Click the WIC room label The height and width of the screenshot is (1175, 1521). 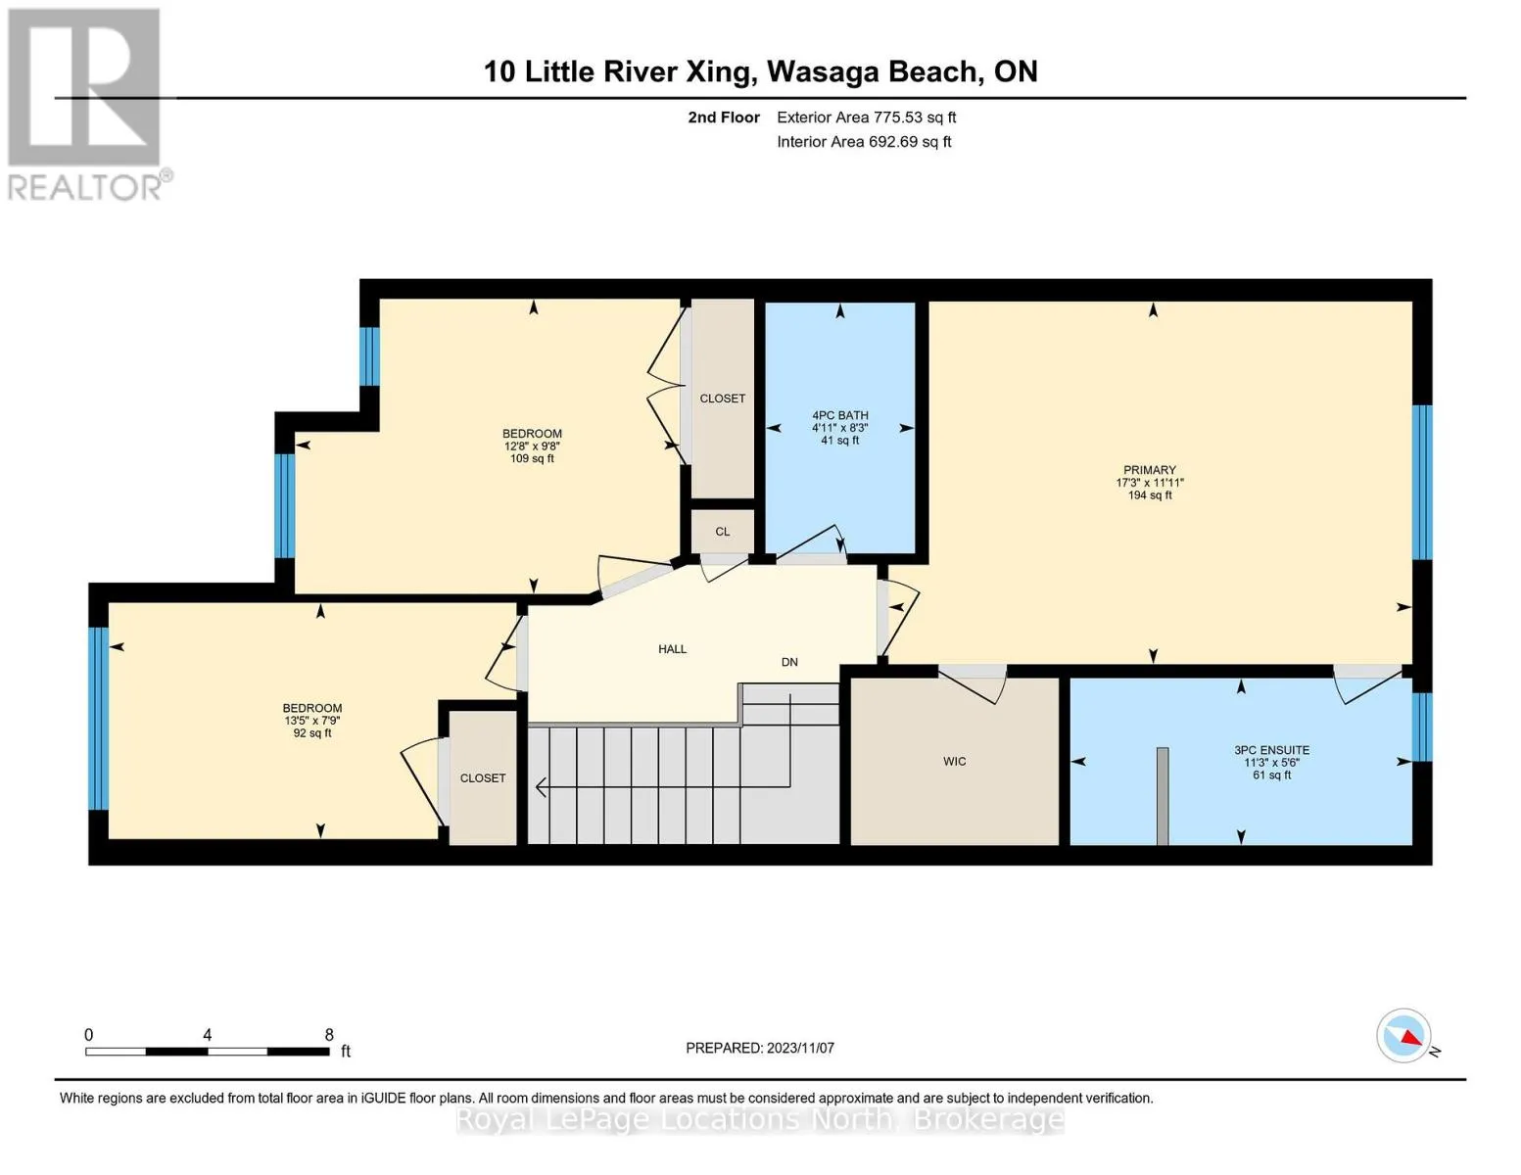pyautogui.click(x=954, y=762)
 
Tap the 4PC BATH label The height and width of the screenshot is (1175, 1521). pyautogui.click(x=840, y=415)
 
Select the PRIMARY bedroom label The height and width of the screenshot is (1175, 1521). pyautogui.click(x=1150, y=470)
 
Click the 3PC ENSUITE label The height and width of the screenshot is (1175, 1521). pyautogui.click(x=1272, y=750)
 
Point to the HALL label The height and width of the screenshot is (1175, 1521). pyautogui.click(x=672, y=649)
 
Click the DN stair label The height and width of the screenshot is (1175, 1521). pyautogui.click(x=789, y=662)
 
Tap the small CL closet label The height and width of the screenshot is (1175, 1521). pyautogui.click(x=723, y=532)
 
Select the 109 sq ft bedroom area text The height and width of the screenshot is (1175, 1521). pyautogui.click(x=532, y=459)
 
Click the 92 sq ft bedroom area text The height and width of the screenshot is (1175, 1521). pyautogui.click(x=312, y=733)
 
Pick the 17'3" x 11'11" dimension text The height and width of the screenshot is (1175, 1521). pyautogui.click(x=1150, y=483)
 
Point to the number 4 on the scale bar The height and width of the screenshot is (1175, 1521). pyautogui.click(x=208, y=1035)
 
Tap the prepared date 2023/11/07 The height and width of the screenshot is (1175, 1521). pyautogui.click(x=800, y=1049)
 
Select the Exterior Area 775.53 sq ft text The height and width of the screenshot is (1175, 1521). pyautogui.click(x=867, y=117)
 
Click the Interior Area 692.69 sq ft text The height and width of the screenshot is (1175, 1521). pyautogui.click(x=865, y=142)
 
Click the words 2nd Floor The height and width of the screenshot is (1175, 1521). pyautogui.click(x=724, y=117)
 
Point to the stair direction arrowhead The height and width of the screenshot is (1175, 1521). pyautogui.click(x=541, y=788)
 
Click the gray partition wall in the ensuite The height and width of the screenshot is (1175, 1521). pyautogui.click(x=1163, y=796)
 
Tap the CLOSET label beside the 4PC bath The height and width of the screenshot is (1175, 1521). pyautogui.click(x=723, y=399)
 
